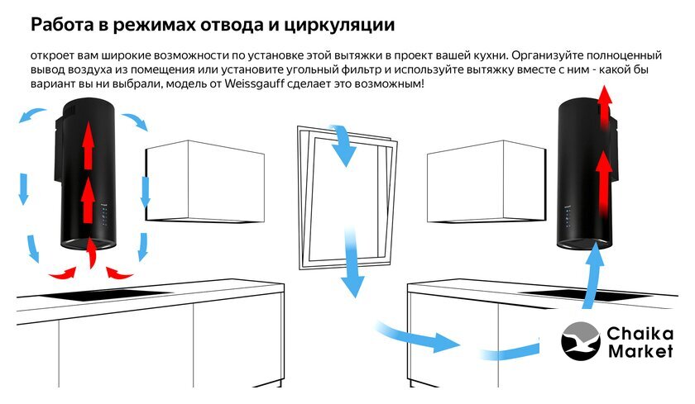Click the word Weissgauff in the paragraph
pos(252,83)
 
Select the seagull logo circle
pos(580,341)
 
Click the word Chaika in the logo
pos(640,333)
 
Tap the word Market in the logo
pos(640,351)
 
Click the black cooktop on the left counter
pos(107,294)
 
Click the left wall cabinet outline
pos(205,182)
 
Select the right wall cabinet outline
pos(486,182)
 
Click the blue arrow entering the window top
pos(343,145)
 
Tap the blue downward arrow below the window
pos(352,264)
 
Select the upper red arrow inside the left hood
pos(89,145)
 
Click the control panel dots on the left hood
pos(103,216)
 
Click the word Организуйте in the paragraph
pos(547,55)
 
